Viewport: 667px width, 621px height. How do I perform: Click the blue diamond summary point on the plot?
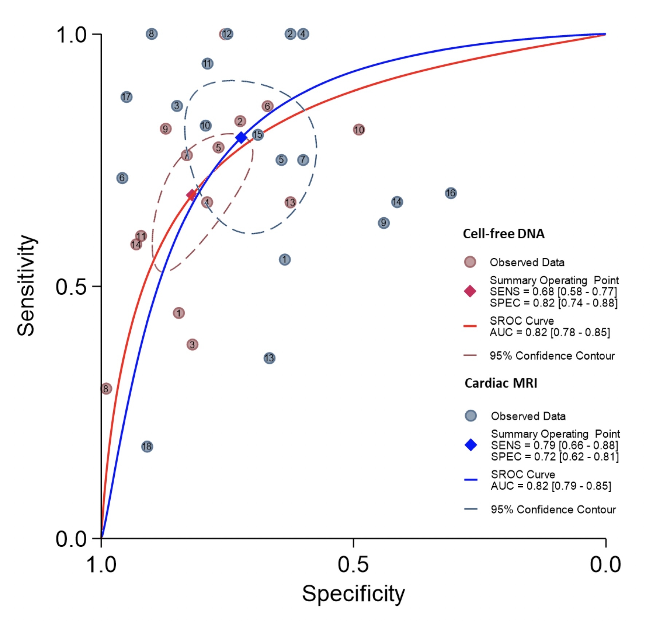click(x=241, y=138)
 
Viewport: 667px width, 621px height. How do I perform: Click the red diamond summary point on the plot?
click(x=192, y=195)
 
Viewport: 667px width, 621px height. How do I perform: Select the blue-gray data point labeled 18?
click(x=147, y=446)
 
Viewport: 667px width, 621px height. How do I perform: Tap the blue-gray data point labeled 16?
click(x=451, y=193)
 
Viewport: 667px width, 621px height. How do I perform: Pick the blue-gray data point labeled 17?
click(x=126, y=97)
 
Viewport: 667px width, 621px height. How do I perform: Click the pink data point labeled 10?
click(x=359, y=130)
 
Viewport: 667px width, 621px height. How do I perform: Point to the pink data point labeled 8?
click(x=106, y=388)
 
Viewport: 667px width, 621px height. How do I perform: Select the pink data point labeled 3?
click(x=192, y=344)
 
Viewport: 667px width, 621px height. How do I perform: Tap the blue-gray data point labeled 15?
click(x=258, y=135)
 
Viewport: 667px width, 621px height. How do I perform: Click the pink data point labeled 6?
click(x=268, y=106)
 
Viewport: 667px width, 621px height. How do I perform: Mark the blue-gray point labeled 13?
click(x=269, y=358)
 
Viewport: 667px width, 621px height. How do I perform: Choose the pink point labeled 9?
click(x=166, y=128)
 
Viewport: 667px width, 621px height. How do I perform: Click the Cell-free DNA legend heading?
click(x=504, y=234)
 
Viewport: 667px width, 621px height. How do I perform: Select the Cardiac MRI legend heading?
click(x=501, y=383)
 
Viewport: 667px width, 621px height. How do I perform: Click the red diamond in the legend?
click(x=470, y=291)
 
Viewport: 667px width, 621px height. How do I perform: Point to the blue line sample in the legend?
click(x=471, y=479)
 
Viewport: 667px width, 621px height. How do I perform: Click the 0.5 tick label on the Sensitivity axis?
click(x=71, y=287)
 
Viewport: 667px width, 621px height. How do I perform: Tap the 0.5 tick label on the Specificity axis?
click(x=353, y=565)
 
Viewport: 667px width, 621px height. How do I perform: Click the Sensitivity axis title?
click(x=26, y=286)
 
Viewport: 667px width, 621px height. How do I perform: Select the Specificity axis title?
click(x=353, y=594)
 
